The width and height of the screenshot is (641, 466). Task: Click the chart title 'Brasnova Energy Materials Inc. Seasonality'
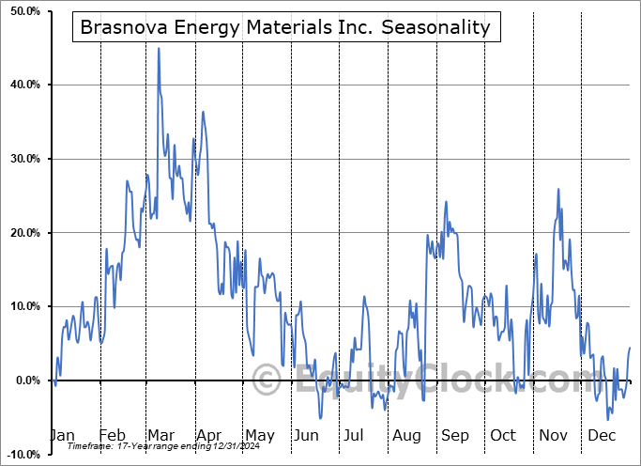(285, 27)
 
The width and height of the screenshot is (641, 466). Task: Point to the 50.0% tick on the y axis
(22, 11)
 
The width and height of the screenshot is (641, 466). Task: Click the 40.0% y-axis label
(22, 85)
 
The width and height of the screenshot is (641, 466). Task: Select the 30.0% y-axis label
(22, 159)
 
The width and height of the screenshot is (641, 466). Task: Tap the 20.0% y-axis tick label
(22, 233)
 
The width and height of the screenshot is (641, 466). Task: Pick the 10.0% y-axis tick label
(22, 307)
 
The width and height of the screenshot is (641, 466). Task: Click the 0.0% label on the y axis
(23, 381)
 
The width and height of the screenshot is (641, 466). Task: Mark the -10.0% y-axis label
(20, 455)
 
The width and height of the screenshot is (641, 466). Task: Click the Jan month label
(61, 435)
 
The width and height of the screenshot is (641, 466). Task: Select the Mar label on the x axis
(160, 435)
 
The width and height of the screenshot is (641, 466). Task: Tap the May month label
(259, 435)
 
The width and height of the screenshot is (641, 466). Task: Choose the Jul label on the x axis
(354, 435)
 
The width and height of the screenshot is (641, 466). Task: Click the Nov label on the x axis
(553, 435)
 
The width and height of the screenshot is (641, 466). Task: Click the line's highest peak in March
(158, 48)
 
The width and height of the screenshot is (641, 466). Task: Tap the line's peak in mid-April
(203, 112)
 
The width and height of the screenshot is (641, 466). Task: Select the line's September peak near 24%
(446, 202)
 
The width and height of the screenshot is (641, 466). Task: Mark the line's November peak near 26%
(558, 189)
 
